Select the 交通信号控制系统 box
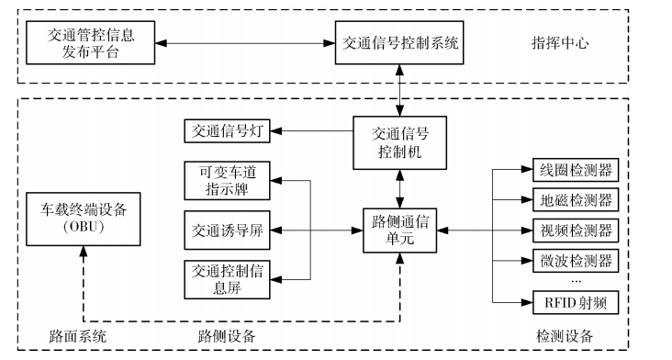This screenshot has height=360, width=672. [x=401, y=43]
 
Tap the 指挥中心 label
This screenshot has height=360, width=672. [x=561, y=43]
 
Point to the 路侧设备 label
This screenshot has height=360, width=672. [x=228, y=335]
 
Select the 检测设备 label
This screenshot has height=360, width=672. [x=565, y=335]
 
